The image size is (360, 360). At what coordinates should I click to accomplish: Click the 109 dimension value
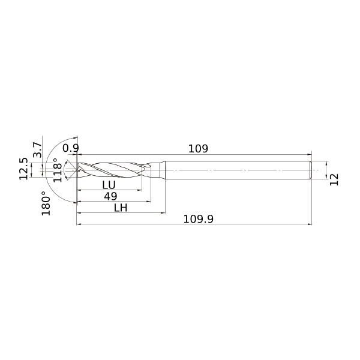[198, 149]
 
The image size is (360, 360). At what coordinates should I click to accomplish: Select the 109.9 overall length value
[199, 219]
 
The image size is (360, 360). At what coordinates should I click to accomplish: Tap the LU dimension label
[109, 185]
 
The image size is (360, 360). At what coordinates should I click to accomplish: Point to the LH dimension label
[121, 208]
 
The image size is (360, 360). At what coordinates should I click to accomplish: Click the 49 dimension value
[110, 196]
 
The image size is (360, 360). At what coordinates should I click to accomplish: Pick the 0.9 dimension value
[71, 148]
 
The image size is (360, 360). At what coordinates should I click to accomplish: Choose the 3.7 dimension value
[37, 149]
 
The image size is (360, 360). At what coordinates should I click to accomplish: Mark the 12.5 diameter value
[23, 169]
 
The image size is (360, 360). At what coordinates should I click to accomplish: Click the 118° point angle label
[58, 170]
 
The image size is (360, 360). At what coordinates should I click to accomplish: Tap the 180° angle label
[46, 203]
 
